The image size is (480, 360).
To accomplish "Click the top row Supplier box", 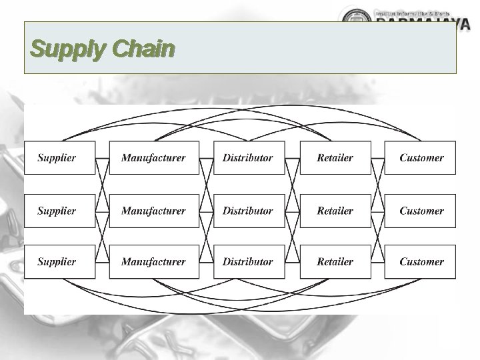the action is (x=59, y=158).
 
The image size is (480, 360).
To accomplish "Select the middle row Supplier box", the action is (x=59, y=211).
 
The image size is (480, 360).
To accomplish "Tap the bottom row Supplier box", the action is (x=59, y=261).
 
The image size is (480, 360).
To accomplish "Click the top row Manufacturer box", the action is (x=153, y=158).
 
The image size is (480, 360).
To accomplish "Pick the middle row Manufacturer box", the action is (x=153, y=211).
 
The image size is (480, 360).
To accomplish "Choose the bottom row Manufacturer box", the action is (x=153, y=261).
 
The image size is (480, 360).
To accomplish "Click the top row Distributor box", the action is (x=248, y=158).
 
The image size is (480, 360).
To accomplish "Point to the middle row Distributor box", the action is (x=248, y=211).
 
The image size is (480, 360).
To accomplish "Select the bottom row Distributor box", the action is (x=248, y=261).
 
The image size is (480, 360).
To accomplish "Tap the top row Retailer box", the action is (x=335, y=158).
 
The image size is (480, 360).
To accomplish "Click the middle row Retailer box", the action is (x=335, y=211).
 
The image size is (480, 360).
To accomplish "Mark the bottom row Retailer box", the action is (x=335, y=261).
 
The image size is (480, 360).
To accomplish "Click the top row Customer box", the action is (x=421, y=158).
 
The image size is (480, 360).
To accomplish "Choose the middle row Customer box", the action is (x=421, y=211).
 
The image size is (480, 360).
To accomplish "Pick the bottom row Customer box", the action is (x=421, y=261).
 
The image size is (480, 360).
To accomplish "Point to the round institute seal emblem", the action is (x=353, y=17).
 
